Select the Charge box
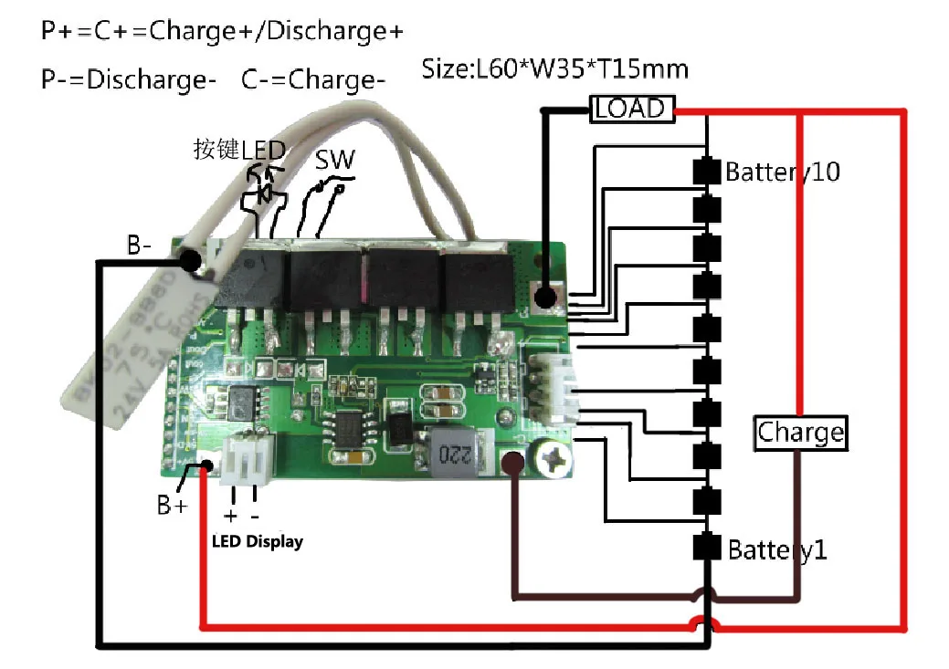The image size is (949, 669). (x=799, y=433)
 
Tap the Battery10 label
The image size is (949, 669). (x=782, y=172)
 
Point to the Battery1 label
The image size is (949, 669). (x=777, y=550)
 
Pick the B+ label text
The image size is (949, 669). (x=172, y=504)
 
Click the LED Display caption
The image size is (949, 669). (x=257, y=541)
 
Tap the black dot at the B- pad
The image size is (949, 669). (x=190, y=261)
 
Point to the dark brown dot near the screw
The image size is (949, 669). (x=512, y=465)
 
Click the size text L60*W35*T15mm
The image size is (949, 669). (x=554, y=68)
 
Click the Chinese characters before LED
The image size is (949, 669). (x=217, y=149)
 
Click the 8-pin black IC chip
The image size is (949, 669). (x=349, y=432)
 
